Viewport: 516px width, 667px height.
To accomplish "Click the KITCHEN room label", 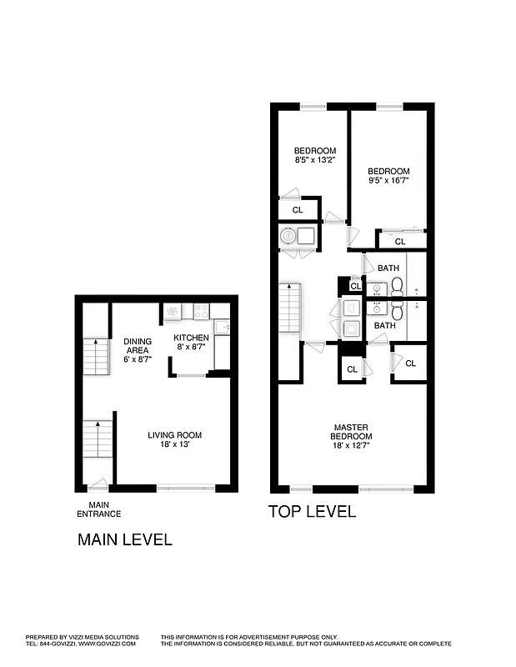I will (190, 338).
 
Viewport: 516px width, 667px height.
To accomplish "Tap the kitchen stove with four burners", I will (201, 311).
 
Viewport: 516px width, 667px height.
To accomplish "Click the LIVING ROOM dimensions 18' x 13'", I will (175, 446).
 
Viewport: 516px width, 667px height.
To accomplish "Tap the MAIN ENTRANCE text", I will (99, 509).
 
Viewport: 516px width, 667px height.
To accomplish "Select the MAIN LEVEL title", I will (125, 539).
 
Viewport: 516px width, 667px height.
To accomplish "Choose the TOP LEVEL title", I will (312, 512).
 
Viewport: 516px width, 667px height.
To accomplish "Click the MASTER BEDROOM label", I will (350, 431).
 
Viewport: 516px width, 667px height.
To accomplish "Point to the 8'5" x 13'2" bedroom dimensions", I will (315, 160).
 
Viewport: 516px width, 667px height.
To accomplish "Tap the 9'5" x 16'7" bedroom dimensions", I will (389, 179).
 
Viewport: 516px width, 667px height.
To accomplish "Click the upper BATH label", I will (388, 268).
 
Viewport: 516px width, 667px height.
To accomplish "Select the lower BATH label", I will (384, 325).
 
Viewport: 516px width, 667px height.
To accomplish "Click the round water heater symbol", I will (288, 236).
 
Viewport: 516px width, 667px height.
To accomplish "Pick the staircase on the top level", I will (289, 307).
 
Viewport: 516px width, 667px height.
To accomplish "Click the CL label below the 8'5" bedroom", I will (297, 209).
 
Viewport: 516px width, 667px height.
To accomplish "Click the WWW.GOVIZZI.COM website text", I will (108, 644).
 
